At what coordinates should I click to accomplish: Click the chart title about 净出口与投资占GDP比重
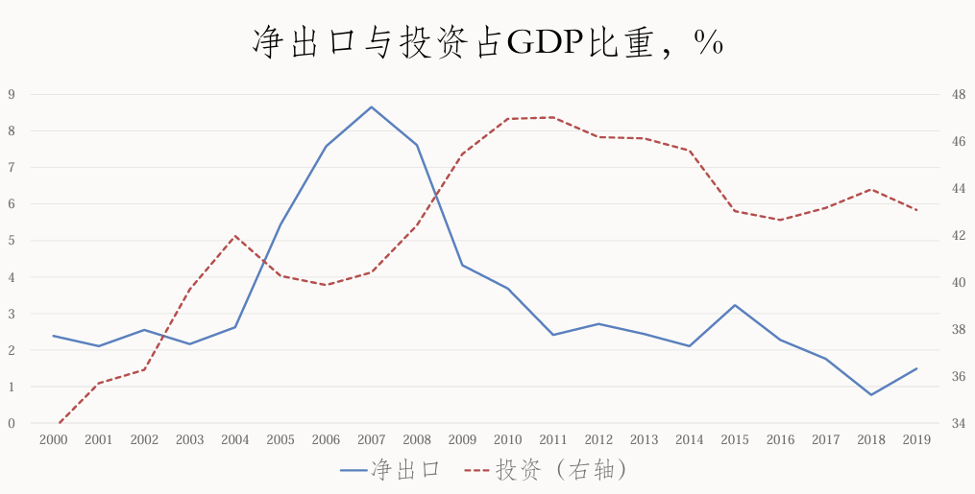click(487, 43)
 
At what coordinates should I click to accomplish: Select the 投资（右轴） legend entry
click(547, 470)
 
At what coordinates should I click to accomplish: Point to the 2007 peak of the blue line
click(372, 106)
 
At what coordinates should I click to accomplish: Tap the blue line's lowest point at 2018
click(870, 394)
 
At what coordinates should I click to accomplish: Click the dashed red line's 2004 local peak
click(235, 236)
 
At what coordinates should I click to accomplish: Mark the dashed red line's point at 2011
click(553, 117)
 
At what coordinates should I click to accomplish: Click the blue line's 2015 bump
click(735, 305)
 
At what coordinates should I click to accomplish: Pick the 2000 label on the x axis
click(53, 440)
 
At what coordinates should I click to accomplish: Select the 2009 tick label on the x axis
click(462, 440)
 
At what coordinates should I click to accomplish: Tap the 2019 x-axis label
click(916, 440)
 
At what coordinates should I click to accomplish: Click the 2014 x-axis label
click(690, 440)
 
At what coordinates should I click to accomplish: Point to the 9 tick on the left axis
click(12, 94)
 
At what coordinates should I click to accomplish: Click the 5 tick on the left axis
click(12, 241)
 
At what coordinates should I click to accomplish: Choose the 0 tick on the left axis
click(12, 423)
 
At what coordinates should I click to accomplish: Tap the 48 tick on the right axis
click(959, 94)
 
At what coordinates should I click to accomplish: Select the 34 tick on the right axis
click(959, 423)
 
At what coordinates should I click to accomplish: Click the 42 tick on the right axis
click(959, 235)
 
